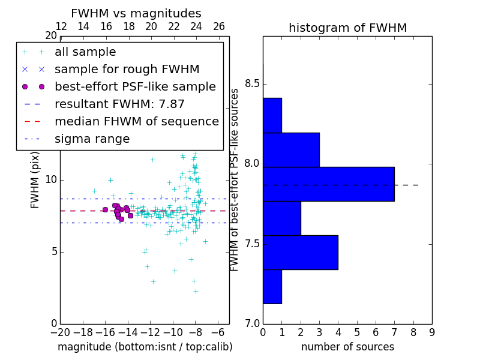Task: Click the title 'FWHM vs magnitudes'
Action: pos(136,13)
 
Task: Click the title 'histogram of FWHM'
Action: pos(347,28)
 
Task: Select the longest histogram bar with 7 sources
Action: pos(328,184)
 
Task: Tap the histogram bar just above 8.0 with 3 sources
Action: pos(291,149)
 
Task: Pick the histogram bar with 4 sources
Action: pos(300,252)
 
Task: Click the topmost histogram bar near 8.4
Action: pos(272,115)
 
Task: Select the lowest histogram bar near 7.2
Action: pos(272,286)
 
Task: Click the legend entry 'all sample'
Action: pos(85,52)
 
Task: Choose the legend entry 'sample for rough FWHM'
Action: pos(127,70)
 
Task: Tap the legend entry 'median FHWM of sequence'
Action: pos(136,122)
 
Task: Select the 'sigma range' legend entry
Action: pos(92,139)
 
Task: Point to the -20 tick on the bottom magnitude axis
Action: pos(60,333)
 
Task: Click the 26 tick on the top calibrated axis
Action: pos(219,27)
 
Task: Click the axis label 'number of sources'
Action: pos(347,347)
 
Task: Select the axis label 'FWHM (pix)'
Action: pos(35,179)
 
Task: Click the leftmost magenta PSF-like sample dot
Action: pos(105,209)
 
